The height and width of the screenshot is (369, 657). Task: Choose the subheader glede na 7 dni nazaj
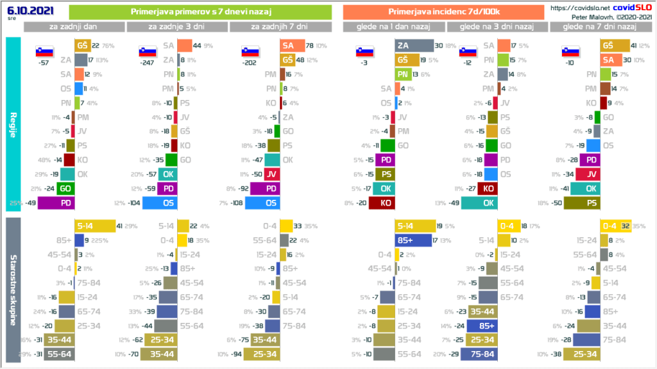click(599, 26)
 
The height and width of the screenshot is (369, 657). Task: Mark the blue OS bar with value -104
click(160, 203)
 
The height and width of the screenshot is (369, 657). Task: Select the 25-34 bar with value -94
click(264, 354)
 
